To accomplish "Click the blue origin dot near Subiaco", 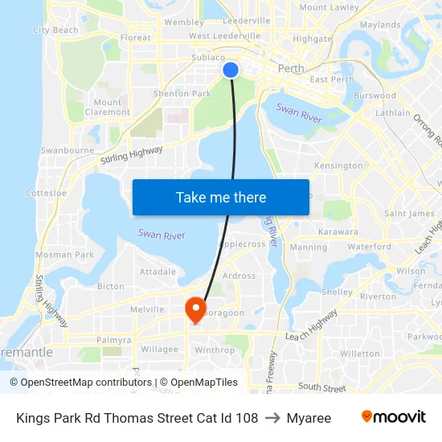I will point(231,70).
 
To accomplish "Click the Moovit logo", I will point(394,417).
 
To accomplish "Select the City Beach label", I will point(55,31).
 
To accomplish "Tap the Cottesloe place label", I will point(46,193).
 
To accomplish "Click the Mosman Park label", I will point(64,255).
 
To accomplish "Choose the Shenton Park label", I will point(182,93).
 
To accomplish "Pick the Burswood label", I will point(374,95).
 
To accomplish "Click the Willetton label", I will point(360,354).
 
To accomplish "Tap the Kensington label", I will point(338,166).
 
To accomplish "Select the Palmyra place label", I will point(113,340).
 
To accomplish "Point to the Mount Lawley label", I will point(329,7).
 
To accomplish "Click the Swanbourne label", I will point(68,150).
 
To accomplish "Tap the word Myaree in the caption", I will point(309,418).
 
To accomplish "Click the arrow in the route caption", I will point(272,418).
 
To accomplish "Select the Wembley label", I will point(184,23).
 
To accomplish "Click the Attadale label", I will point(158,272).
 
